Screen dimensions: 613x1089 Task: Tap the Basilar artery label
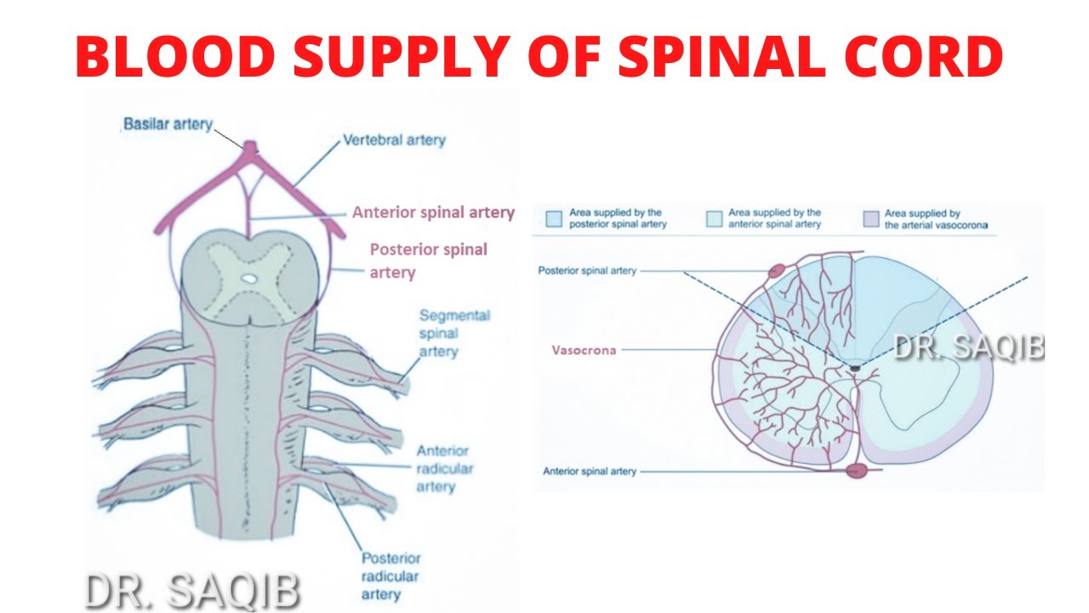click(168, 124)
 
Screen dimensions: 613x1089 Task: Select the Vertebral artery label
click(394, 140)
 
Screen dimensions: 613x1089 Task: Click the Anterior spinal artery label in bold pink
click(433, 212)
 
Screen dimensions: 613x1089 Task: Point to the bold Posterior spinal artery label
click(428, 261)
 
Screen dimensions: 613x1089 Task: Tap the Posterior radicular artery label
click(391, 576)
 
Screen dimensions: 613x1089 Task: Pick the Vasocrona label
click(583, 350)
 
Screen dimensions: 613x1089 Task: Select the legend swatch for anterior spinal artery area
click(713, 218)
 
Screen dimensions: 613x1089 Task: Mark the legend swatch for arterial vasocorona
click(870, 218)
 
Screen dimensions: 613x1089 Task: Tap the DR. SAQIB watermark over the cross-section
click(968, 347)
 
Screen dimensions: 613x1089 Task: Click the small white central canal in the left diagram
click(247, 278)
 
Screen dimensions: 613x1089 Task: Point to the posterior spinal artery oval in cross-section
click(776, 272)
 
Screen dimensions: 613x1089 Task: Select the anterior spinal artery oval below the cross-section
click(856, 470)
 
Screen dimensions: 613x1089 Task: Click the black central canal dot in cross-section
click(854, 367)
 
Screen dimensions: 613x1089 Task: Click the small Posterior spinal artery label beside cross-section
click(587, 271)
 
